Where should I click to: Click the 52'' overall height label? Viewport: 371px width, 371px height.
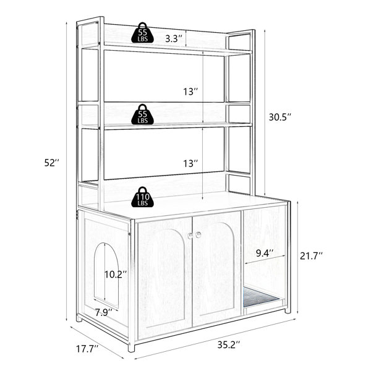tap(51, 163)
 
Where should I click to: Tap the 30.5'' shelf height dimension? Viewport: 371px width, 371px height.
tap(279, 117)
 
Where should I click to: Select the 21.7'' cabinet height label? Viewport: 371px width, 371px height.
tap(312, 256)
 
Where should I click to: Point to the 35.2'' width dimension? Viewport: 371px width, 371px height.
tap(229, 344)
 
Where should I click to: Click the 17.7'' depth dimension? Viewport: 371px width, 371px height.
tap(87, 349)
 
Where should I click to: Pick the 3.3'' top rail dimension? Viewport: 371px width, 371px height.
tap(174, 38)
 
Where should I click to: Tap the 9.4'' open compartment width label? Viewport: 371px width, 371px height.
tap(265, 254)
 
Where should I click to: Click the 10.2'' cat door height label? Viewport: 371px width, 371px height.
tap(116, 275)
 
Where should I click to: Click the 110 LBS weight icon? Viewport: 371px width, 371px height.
tap(142, 197)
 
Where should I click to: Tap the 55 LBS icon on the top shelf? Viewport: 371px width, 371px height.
tap(142, 33)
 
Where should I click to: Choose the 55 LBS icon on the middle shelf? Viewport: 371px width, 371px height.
tap(142, 114)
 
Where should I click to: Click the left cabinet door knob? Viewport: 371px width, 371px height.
tap(190, 236)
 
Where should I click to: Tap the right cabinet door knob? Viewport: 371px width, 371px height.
tap(198, 235)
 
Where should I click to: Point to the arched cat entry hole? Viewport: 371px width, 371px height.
tap(106, 276)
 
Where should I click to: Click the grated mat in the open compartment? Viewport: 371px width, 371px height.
tap(260, 297)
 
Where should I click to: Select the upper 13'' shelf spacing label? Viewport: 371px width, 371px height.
tap(190, 92)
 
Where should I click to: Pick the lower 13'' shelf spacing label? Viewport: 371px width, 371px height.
tap(190, 163)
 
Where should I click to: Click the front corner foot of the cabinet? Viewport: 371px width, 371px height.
tap(131, 348)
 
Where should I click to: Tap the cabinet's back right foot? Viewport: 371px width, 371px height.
tap(288, 310)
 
